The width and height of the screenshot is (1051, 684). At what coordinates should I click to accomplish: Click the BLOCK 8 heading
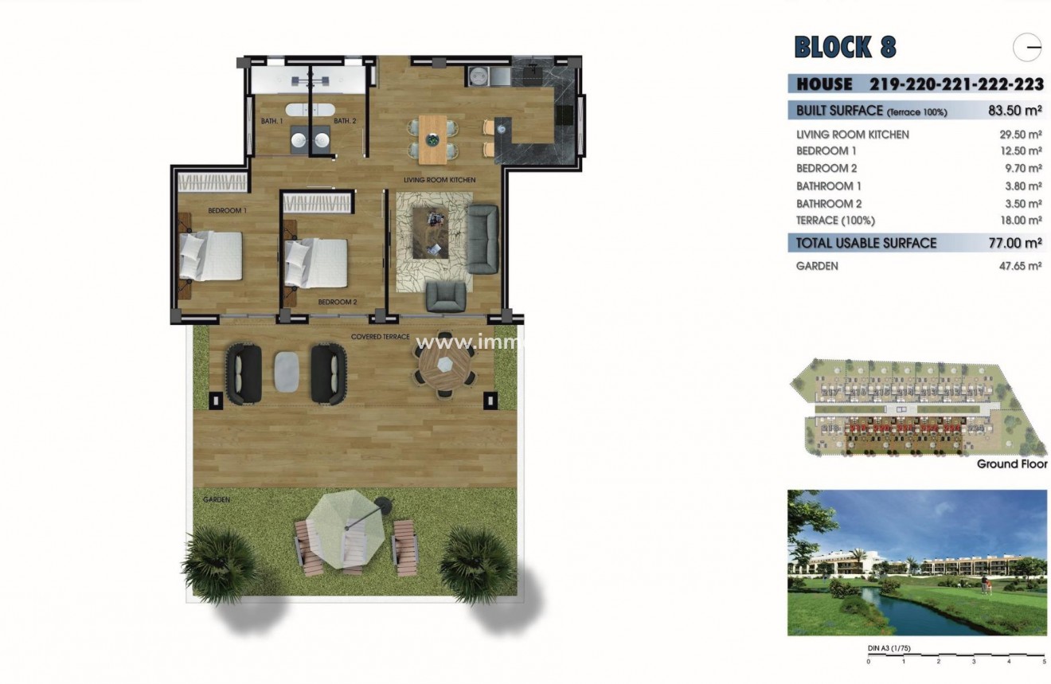(845, 48)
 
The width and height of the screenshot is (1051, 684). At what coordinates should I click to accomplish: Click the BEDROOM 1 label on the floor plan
(227, 211)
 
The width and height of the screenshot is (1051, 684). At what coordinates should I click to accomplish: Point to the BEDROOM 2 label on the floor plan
(337, 303)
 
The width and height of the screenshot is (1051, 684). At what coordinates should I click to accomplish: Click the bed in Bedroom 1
(212, 256)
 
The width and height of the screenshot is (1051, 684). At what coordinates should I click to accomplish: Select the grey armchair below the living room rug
(446, 297)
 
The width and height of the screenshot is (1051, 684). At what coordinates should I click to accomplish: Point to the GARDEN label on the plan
(216, 500)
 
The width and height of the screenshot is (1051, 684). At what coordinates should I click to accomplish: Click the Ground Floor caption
(1011, 464)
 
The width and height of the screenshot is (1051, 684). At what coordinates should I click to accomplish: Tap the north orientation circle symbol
(1027, 48)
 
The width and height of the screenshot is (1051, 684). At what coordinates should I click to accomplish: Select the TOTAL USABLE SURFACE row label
(866, 244)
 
